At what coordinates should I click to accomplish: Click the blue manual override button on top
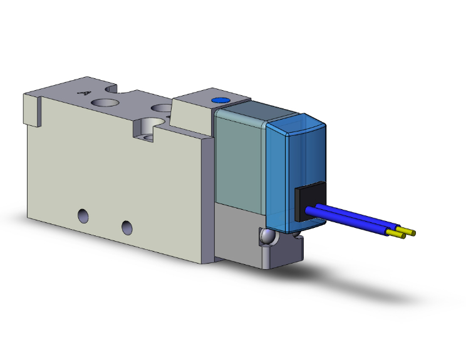click(x=219, y=100)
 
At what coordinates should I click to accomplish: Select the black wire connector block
click(x=309, y=202)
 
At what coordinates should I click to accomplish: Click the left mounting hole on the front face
click(x=83, y=216)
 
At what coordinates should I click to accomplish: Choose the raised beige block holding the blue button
click(x=194, y=116)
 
